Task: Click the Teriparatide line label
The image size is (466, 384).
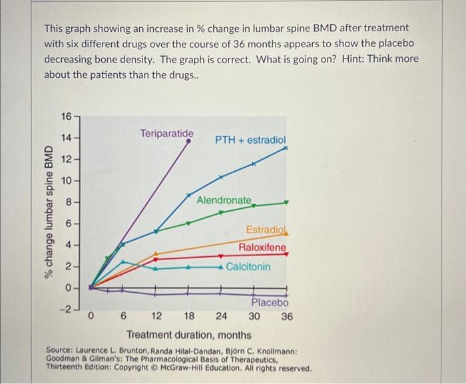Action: pos(167,134)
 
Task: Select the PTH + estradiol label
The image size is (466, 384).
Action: pos(250,140)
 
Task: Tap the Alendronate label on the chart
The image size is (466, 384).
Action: pos(225,200)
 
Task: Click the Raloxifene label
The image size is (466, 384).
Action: pos(263,248)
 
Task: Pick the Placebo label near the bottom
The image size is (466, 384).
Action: pos(270,303)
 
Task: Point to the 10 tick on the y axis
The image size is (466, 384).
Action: pos(67,180)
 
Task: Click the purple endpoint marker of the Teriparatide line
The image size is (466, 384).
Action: pos(188,141)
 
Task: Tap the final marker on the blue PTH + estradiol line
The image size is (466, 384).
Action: pos(286,150)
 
